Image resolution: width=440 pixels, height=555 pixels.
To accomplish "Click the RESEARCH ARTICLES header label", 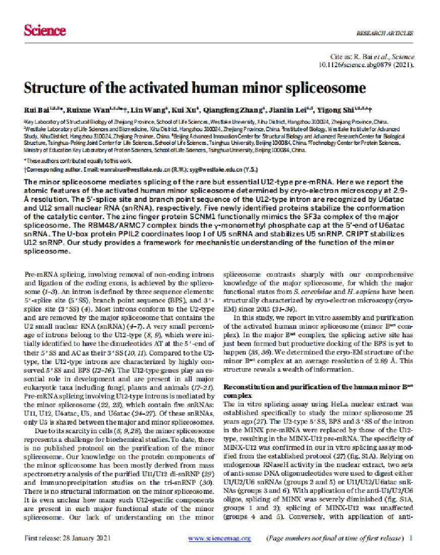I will click(384, 33).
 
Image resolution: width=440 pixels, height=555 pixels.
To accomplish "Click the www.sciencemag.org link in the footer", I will click(219, 538).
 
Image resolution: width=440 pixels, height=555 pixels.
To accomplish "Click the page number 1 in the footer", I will click(411, 538).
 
